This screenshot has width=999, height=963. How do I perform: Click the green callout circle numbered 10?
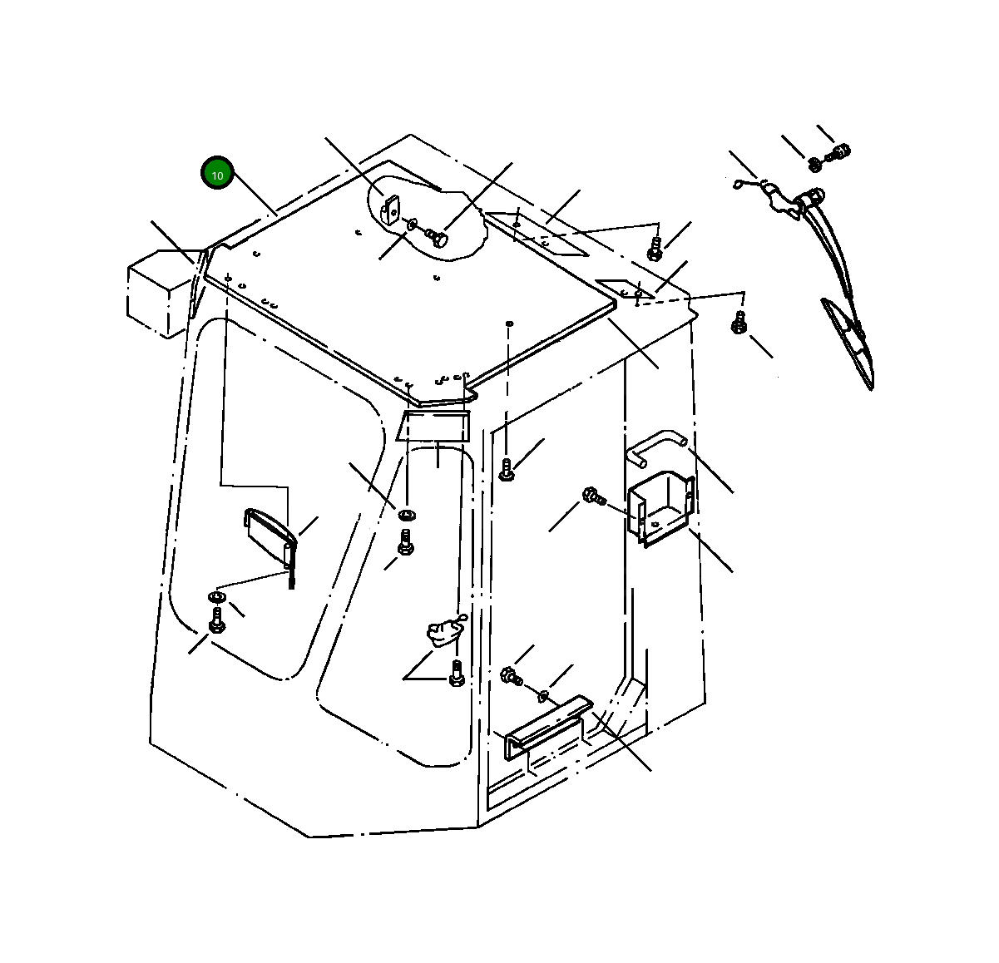click(x=217, y=172)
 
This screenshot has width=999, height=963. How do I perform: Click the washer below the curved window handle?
click(x=216, y=597)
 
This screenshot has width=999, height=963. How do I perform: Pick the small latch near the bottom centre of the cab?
click(x=445, y=631)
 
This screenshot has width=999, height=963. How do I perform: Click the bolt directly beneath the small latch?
click(x=457, y=674)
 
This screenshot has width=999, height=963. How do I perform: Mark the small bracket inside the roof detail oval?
click(x=389, y=210)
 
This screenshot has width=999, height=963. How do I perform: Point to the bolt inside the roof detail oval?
click(x=437, y=238)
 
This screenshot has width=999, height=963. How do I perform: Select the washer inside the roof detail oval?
click(x=412, y=224)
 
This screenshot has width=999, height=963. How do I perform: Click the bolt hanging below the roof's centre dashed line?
click(x=507, y=470)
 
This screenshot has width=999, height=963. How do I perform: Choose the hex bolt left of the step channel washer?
click(x=512, y=676)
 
